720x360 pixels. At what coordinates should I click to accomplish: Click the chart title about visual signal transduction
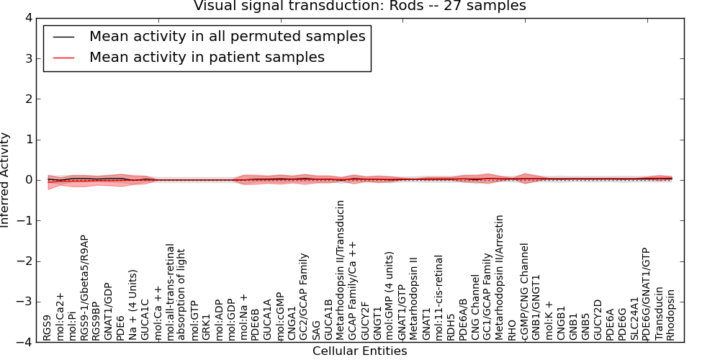360,6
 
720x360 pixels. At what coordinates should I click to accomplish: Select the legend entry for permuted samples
227,36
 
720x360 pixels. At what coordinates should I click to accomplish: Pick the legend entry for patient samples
207,57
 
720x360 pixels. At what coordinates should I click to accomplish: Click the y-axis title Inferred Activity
6,180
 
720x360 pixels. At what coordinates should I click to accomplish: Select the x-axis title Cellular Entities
359,351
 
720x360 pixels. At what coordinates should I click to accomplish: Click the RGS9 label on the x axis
48,327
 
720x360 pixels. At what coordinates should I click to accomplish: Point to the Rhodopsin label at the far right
671,315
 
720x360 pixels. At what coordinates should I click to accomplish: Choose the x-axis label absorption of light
181,294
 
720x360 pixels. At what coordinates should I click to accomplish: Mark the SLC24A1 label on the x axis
634,318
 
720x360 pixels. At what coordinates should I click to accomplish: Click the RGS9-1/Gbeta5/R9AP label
85,287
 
